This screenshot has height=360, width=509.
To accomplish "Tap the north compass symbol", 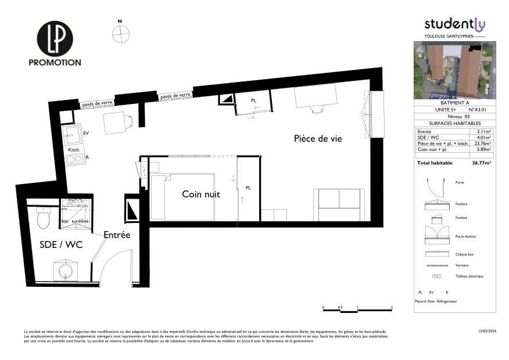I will click(x=120, y=35).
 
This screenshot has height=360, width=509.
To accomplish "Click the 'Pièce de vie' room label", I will click(x=318, y=139).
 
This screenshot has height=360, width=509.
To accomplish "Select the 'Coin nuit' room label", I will click(x=201, y=194).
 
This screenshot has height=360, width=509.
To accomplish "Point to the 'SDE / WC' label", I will click(x=61, y=244).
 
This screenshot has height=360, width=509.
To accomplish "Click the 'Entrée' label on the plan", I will click(x=117, y=235).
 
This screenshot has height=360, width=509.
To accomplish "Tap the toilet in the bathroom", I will click(x=44, y=218).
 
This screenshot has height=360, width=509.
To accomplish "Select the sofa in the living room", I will click(x=339, y=205).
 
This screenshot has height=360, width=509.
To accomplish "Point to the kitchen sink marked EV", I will click(x=74, y=136).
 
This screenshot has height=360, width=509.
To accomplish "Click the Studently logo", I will click(x=454, y=24).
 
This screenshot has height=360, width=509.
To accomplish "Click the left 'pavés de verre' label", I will click(x=97, y=103).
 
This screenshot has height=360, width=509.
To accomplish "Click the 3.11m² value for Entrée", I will click(x=483, y=132).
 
